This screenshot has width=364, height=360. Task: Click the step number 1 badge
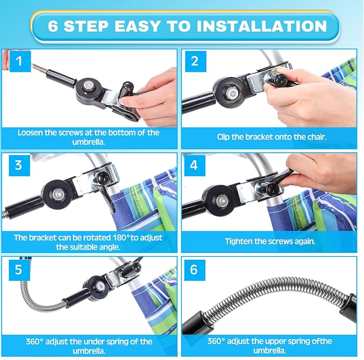click(20, 62)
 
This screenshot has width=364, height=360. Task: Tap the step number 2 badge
click(196, 62)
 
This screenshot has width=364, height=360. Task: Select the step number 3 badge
click(19, 166)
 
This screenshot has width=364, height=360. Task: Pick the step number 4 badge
click(195, 166)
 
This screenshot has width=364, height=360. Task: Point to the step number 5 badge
click(19, 270)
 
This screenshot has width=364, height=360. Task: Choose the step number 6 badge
click(195, 270)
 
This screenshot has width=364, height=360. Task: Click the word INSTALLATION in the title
click(262, 26)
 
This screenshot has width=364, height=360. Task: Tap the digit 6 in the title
click(53, 26)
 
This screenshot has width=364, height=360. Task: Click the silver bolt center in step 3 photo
click(57, 194)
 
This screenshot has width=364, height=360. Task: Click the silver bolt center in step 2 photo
click(232, 93)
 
